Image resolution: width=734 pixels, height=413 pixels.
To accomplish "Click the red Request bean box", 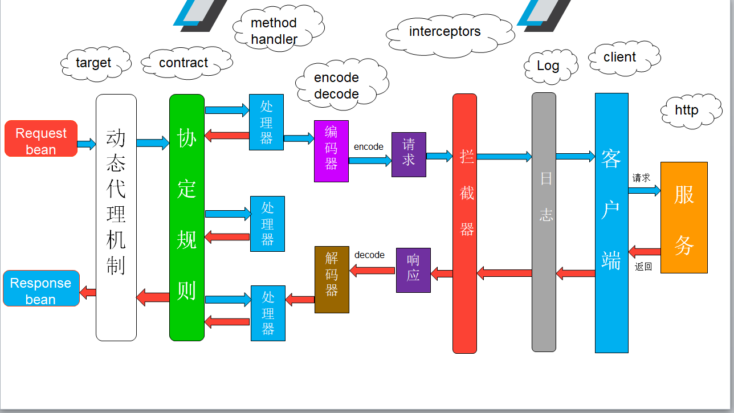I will (x=41, y=138).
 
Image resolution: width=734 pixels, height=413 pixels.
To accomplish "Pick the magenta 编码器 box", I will (x=331, y=151).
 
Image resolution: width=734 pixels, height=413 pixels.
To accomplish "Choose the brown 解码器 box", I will (x=332, y=280).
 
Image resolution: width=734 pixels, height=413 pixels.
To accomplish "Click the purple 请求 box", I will (x=409, y=154).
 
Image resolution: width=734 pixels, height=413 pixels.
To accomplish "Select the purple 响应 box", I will (x=413, y=270).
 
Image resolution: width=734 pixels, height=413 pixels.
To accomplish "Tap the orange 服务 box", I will (x=684, y=218).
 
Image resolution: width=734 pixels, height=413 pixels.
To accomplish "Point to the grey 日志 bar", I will (x=544, y=222).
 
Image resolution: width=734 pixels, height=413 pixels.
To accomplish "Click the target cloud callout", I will (x=95, y=63).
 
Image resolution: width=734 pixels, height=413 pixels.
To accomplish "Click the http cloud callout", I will (x=688, y=110).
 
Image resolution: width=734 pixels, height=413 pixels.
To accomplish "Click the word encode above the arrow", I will (x=369, y=147).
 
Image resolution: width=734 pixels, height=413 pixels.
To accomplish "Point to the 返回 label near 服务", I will (x=643, y=267).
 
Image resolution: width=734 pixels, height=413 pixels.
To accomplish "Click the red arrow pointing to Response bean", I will (x=88, y=293).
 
